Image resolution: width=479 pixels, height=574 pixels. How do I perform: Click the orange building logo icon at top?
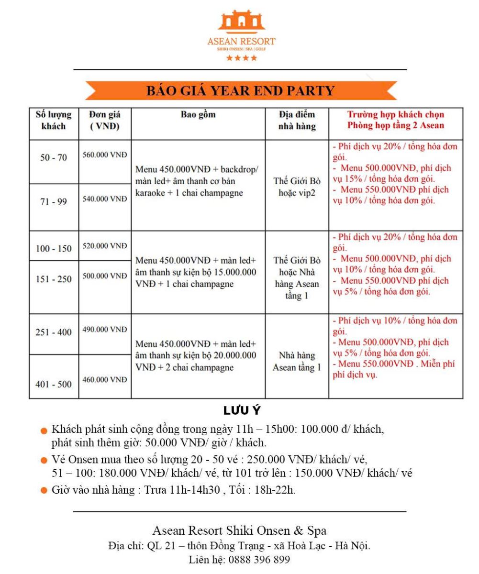(x=241, y=21)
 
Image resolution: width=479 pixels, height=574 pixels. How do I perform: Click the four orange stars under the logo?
(x=242, y=58)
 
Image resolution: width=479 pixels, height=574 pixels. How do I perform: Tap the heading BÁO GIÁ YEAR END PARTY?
(x=240, y=91)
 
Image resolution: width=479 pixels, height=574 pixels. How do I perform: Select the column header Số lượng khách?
(x=54, y=121)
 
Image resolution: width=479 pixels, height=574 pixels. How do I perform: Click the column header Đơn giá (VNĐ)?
(x=105, y=121)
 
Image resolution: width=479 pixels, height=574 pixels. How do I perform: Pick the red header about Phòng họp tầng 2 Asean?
(x=396, y=120)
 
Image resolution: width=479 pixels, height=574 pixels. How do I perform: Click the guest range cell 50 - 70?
(x=54, y=158)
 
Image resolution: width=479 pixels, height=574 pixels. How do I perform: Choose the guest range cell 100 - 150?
(x=54, y=249)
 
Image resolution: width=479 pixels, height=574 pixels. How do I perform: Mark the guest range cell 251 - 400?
(x=54, y=332)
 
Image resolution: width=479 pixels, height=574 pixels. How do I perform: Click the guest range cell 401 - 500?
(x=54, y=383)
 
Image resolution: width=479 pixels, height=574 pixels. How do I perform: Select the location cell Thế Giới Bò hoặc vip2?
(x=297, y=188)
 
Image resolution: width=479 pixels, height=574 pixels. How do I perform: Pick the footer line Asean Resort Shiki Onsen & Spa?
(x=239, y=530)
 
